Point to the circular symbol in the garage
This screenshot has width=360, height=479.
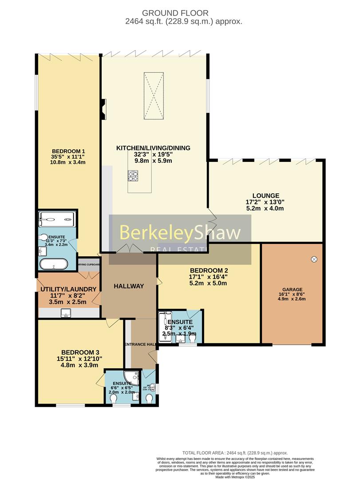[x=314, y=259]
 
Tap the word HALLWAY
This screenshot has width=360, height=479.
[x=129, y=286]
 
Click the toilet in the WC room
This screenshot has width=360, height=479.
[x=150, y=399]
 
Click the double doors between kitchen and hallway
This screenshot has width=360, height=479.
[x=129, y=249]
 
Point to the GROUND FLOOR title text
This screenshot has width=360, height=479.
[x=180, y=13]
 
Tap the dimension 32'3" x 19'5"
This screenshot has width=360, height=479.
[x=153, y=155]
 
